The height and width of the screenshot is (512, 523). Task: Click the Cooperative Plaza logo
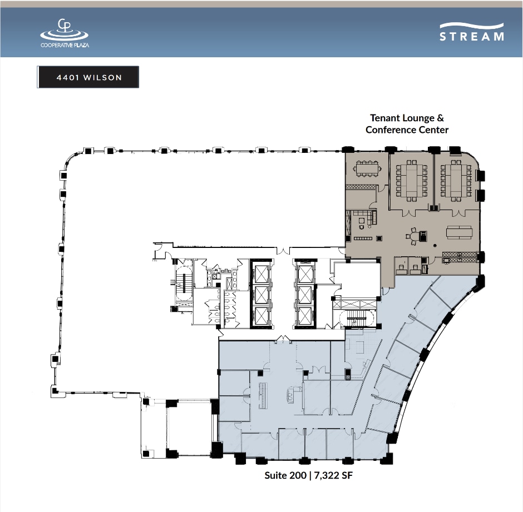[65, 33]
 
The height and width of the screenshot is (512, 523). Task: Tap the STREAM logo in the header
[472, 32]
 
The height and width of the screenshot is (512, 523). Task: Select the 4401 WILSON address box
[88, 77]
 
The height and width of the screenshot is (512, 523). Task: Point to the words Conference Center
[407, 130]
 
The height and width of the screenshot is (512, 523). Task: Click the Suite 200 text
[285, 475]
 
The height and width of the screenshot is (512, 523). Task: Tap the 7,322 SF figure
[333, 475]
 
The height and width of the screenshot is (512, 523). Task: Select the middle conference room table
[412, 181]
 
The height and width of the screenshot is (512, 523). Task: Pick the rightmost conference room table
[456, 181]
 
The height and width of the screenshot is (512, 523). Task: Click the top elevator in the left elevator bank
[261, 274]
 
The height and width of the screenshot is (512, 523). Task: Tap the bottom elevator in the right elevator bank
[304, 316]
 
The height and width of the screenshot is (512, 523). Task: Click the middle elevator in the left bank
[261, 295]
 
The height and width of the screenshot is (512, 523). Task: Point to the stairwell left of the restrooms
[184, 284]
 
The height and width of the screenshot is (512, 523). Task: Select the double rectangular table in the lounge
[459, 232]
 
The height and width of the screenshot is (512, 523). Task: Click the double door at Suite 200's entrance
[283, 339]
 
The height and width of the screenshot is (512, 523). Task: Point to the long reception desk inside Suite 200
[264, 396]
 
